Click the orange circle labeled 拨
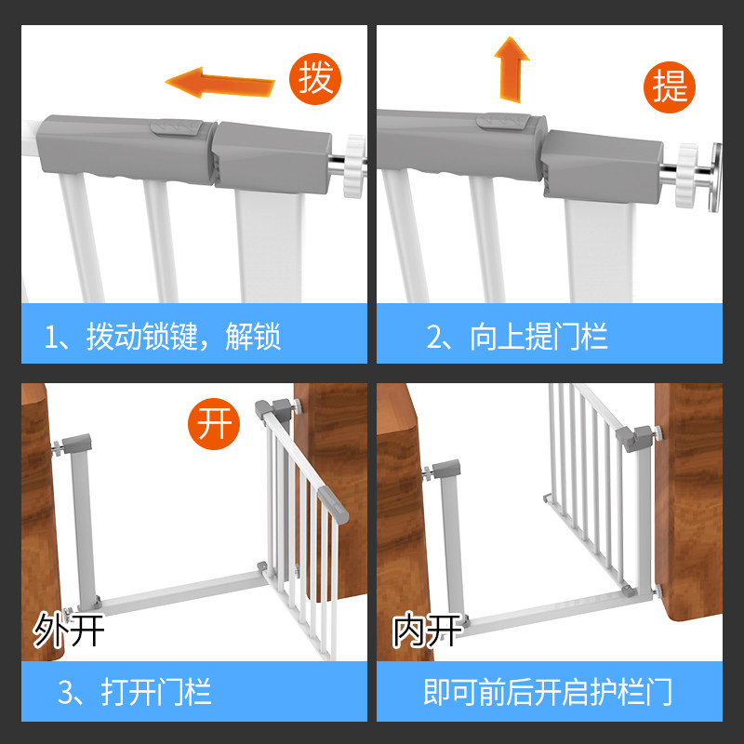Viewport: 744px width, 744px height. click(316, 78)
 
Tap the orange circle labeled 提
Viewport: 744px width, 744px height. click(670, 86)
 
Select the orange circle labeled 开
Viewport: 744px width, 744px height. click(213, 425)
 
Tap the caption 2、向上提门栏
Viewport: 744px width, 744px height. click(516, 336)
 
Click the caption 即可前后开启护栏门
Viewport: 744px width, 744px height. click(548, 692)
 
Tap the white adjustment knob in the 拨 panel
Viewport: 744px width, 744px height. click(353, 165)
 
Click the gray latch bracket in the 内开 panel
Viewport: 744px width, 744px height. click(637, 436)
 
